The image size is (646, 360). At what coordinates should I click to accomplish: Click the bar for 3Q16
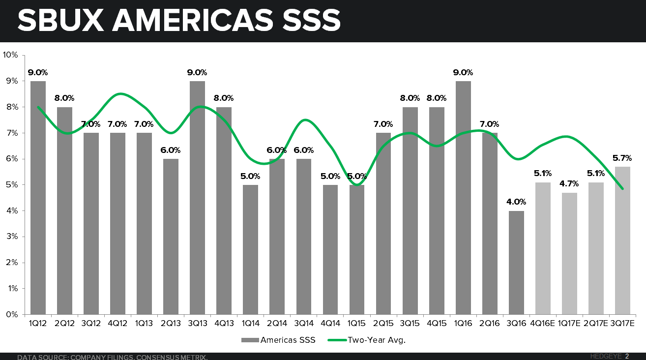(516, 263)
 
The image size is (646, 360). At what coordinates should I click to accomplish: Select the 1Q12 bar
(38, 197)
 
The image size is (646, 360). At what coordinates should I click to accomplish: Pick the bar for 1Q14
(250, 249)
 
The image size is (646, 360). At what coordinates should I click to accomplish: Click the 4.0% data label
(516, 202)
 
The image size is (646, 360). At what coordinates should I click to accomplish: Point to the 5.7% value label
(622, 158)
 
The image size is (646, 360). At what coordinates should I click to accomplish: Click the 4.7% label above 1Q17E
(569, 183)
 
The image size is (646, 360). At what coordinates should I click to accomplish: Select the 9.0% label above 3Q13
(197, 72)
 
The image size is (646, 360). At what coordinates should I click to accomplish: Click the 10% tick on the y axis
(10, 55)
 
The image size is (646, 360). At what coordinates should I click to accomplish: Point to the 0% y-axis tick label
(12, 314)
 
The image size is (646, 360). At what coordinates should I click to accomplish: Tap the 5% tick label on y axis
(12, 185)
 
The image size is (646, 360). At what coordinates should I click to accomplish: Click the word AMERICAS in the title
(191, 21)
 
